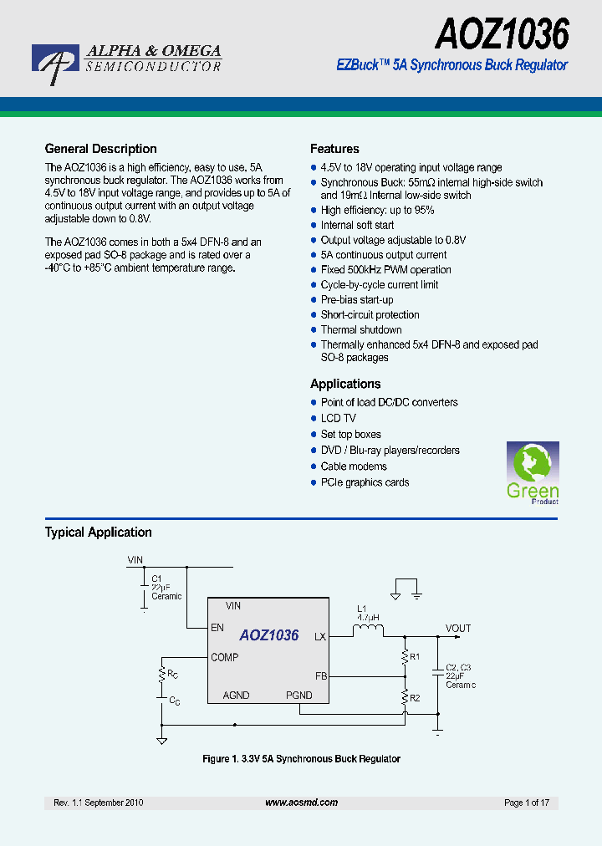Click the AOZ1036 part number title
[502, 34]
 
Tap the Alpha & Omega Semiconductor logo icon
[55, 64]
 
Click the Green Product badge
[533, 474]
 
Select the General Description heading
[100, 149]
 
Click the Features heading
[334, 149]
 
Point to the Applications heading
[345, 384]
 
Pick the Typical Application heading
[98, 532]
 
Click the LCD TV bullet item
[338, 418]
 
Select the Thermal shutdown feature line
[361, 329]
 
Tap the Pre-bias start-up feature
[357, 299]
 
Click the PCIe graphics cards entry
[365, 482]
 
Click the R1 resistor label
[416, 656]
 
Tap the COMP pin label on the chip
[225, 657]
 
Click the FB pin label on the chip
[320, 675]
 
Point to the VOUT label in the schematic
[458, 629]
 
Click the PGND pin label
[298, 696]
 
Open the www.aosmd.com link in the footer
[301, 803]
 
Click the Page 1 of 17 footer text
[527, 803]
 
